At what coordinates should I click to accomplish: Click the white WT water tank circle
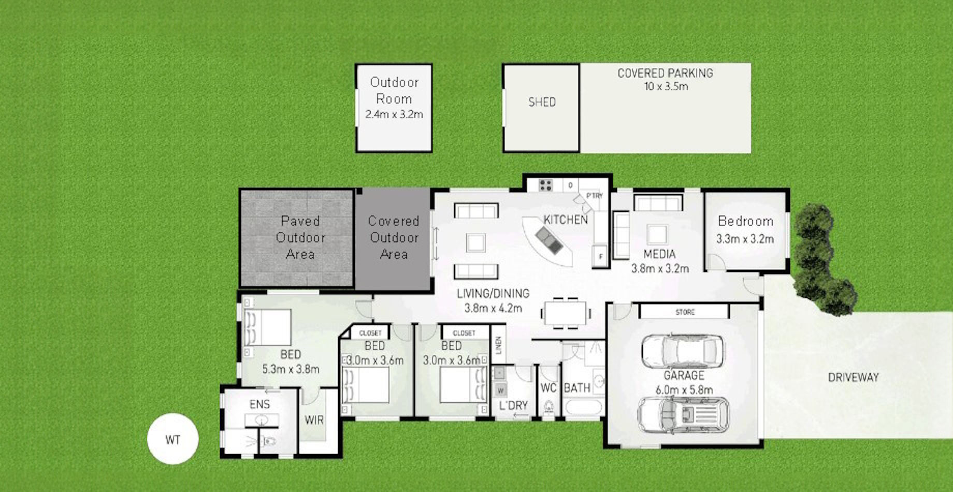tap(172, 439)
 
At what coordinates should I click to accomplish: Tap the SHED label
tap(542, 102)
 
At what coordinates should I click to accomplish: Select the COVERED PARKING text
tap(665, 73)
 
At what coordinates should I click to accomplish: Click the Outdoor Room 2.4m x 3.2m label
tap(394, 98)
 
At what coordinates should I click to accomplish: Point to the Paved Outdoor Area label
tap(300, 237)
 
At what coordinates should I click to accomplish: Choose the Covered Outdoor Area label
tap(394, 237)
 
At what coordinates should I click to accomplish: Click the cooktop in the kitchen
tap(545, 185)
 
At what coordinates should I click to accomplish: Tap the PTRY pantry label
tap(595, 195)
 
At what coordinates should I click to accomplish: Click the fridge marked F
tap(600, 256)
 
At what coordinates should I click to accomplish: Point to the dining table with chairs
tap(566, 313)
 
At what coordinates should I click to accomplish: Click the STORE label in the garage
tap(685, 312)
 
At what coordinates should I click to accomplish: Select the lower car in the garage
tap(683, 415)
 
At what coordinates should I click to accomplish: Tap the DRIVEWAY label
tap(853, 377)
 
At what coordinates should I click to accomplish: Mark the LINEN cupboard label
tap(498, 344)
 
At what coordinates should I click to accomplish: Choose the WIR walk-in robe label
tap(314, 419)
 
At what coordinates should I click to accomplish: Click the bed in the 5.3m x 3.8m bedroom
tap(267, 327)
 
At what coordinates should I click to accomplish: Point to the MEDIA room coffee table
tap(657, 235)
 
